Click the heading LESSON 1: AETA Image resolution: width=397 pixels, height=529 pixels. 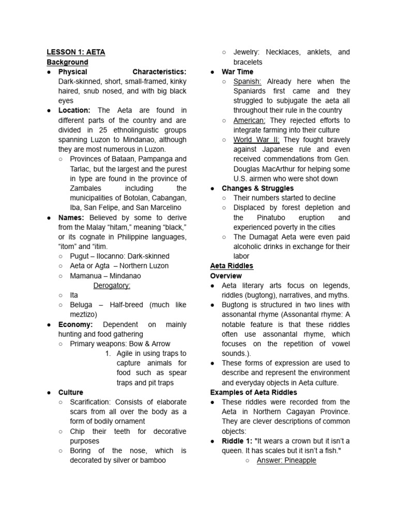tap(76, 52)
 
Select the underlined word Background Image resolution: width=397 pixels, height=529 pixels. tap(68, 62)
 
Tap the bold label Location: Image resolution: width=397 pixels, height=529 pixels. tap(74, 111)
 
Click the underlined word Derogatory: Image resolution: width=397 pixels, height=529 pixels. tap(112, 285)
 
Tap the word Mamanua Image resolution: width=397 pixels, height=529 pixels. tap(87, 276)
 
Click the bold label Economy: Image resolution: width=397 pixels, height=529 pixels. tap(75, 324)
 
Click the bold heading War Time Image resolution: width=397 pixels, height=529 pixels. tap(237, 72)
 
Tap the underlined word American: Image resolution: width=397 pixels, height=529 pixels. tap(250, 120)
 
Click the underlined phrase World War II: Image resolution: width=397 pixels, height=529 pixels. tap(256, 140)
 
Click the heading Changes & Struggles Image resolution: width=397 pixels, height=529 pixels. tap(257, 189)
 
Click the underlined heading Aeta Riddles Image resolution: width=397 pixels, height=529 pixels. tap(232, 266)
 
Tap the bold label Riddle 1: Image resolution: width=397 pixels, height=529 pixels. tap(237, 441)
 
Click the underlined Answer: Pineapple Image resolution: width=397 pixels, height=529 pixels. tap(286, 460)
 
